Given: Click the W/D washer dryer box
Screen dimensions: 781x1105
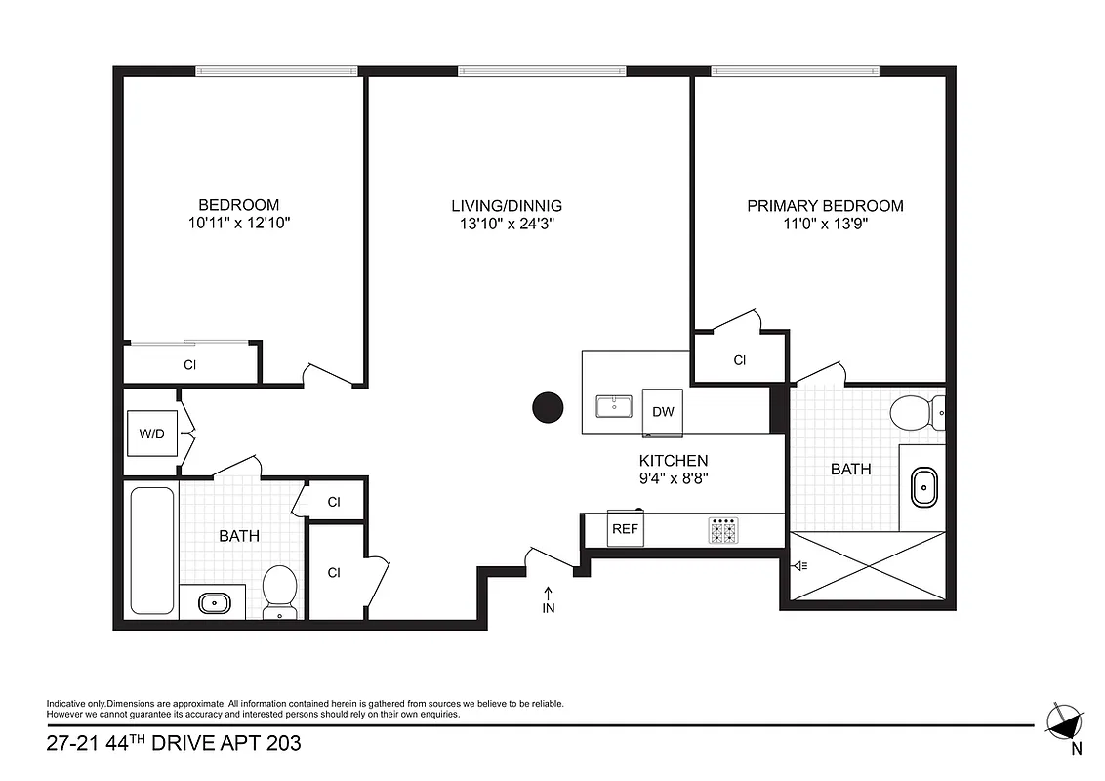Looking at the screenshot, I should click(x=151, y=432).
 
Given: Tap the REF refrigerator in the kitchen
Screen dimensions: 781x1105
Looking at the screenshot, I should click(x=624, y=528).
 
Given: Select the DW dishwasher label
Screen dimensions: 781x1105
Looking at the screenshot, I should click(x=663, y=412).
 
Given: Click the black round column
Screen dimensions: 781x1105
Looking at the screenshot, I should click(x=548, y=408).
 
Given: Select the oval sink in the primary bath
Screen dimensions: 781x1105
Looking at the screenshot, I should click(x=923, y=486).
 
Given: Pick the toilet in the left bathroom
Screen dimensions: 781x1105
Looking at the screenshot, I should click(x=279, y=591).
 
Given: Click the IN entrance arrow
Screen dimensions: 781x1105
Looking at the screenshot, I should click(x=548, y=599).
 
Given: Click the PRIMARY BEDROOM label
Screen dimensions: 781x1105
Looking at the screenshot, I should click(x=825, y=206).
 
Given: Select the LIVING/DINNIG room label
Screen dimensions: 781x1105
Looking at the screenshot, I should click(x=507, y=206).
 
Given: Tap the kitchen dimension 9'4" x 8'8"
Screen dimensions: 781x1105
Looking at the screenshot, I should click(x=674, y=479).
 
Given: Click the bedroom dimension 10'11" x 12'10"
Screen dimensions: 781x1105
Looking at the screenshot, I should click(x=239, y=224).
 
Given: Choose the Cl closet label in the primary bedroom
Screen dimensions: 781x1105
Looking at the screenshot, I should click(x=739, y=360).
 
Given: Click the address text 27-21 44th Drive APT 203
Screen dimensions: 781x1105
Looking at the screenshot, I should click(x=174, y=744).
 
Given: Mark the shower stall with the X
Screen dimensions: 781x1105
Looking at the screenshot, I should click(x=867, y=565).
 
